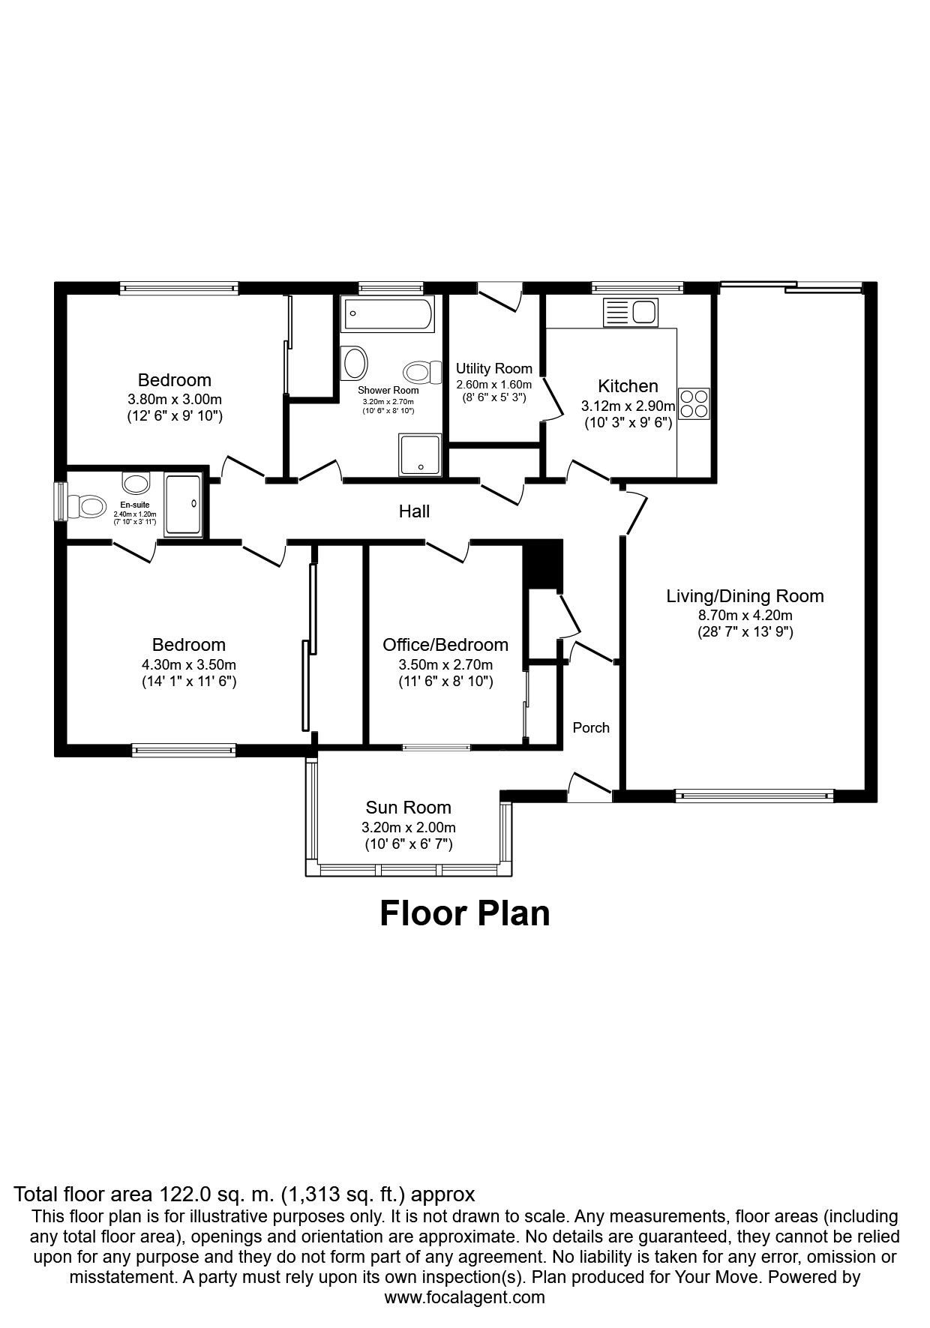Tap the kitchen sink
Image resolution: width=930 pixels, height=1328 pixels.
coord(630,313)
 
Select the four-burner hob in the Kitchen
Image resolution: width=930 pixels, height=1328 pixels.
coord(694,403)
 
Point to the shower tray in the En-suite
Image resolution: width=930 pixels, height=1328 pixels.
coord(183,505)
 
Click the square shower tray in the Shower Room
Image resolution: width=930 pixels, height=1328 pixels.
coord(421,454)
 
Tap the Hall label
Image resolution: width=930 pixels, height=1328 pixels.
coord(414,511)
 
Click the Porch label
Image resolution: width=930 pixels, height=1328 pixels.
coord(591,727)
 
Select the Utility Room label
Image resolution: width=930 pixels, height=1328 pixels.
coord(494,369)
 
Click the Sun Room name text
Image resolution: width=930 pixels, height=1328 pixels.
coord(409,808)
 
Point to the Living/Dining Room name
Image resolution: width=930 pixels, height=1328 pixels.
coord(745,596)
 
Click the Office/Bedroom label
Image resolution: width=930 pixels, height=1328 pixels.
coord(445,645)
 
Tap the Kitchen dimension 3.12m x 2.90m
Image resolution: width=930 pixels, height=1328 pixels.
coord(628,406)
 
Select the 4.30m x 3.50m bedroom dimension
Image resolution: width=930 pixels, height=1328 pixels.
coord(189,664)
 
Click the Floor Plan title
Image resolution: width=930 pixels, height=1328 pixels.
coord(465,913)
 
